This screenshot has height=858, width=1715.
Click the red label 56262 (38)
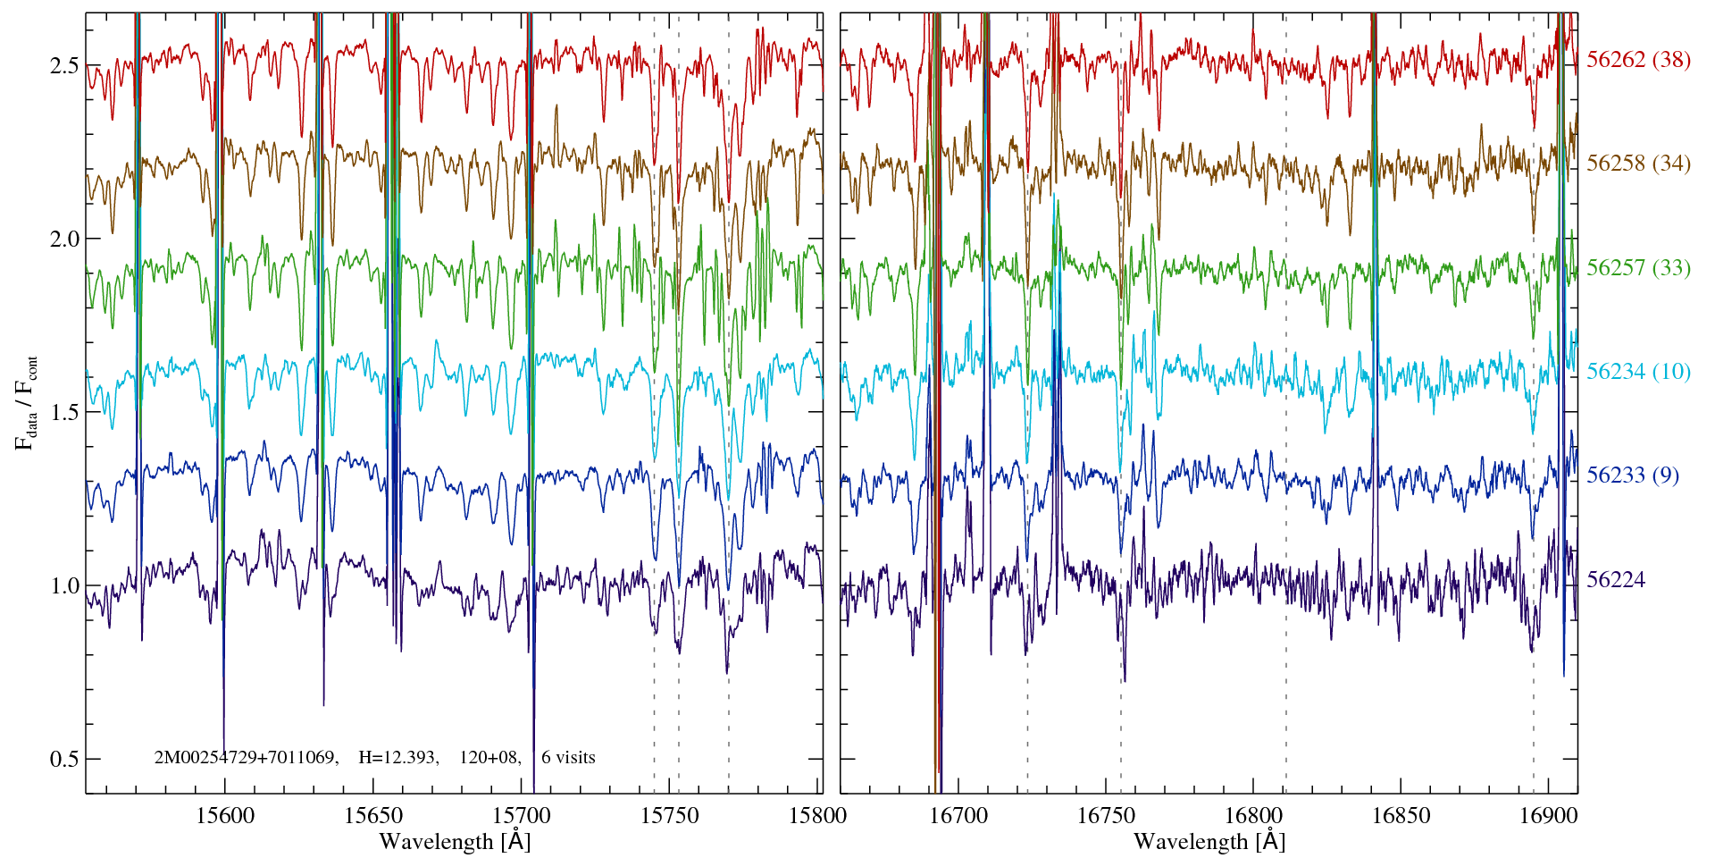(1638, 60)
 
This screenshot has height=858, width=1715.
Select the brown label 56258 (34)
(1638, 164)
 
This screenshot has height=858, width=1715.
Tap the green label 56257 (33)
(1638, 267)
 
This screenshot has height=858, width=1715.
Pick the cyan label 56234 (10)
(1638, 371)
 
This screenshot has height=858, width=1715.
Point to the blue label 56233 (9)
(1632, 475)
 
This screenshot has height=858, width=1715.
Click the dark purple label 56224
(1615, 580)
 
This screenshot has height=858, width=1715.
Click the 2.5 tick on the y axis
(64, 65)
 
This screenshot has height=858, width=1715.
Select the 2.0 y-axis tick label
(64, 239)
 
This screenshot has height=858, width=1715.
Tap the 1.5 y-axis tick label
(64, 412)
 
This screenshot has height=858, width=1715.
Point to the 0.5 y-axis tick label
(64, 759)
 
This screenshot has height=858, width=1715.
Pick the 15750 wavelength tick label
(670, 815)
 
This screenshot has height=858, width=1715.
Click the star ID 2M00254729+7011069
(246, 758)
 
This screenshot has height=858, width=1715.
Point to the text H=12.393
(397, 758)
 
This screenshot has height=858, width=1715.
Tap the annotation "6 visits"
(568, 758)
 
